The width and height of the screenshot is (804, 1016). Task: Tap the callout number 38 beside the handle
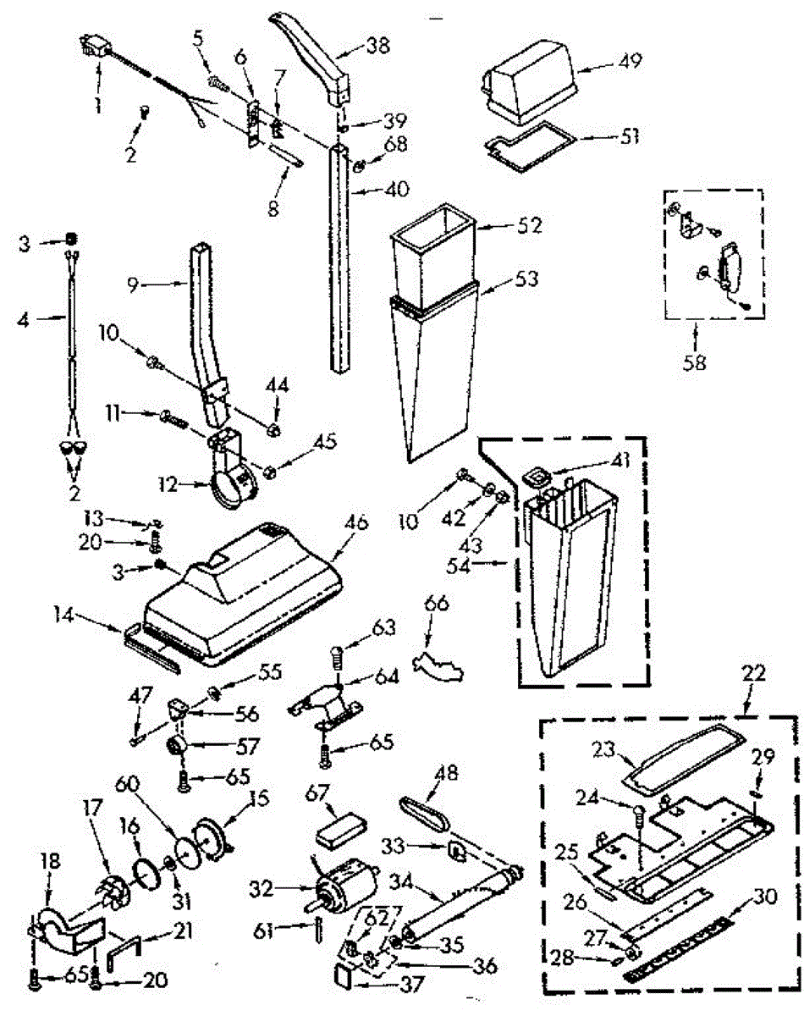(x=377, y=47)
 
